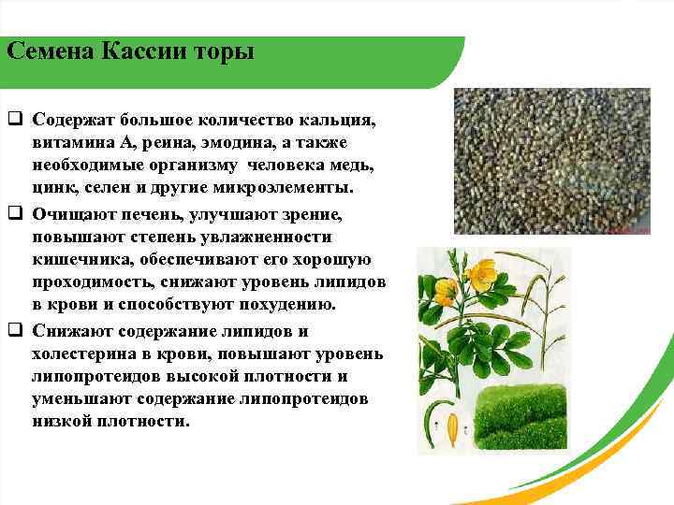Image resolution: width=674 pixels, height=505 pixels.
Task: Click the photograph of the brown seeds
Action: tap(551, 161)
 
